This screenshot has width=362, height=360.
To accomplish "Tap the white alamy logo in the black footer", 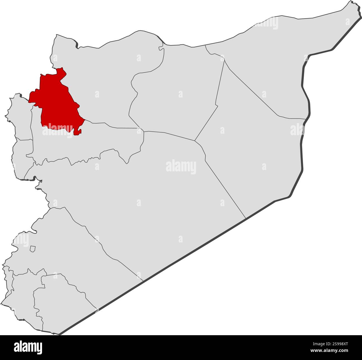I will click(28, 347).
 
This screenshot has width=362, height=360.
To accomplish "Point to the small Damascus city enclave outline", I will click(33, 249).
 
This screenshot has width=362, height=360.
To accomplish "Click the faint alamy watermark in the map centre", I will click(181, 167).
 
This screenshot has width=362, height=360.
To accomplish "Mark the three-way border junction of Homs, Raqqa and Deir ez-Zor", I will click(195, 140).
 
